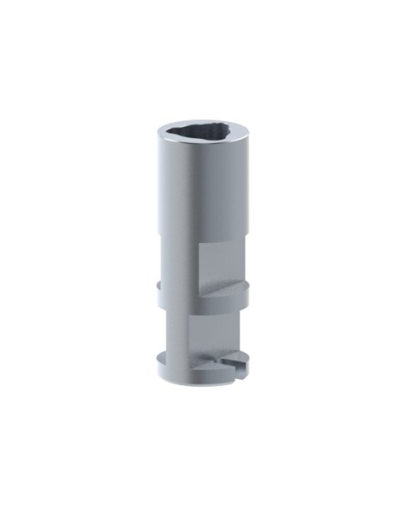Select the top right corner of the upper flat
[x=241, y=245]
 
